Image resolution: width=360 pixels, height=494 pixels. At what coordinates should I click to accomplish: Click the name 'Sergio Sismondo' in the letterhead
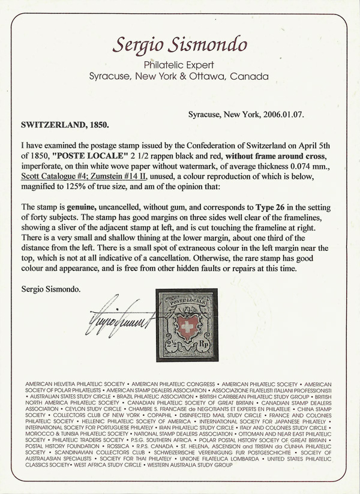pos(179,44)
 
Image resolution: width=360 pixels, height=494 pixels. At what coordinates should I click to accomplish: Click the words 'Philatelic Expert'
pos(179,65)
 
